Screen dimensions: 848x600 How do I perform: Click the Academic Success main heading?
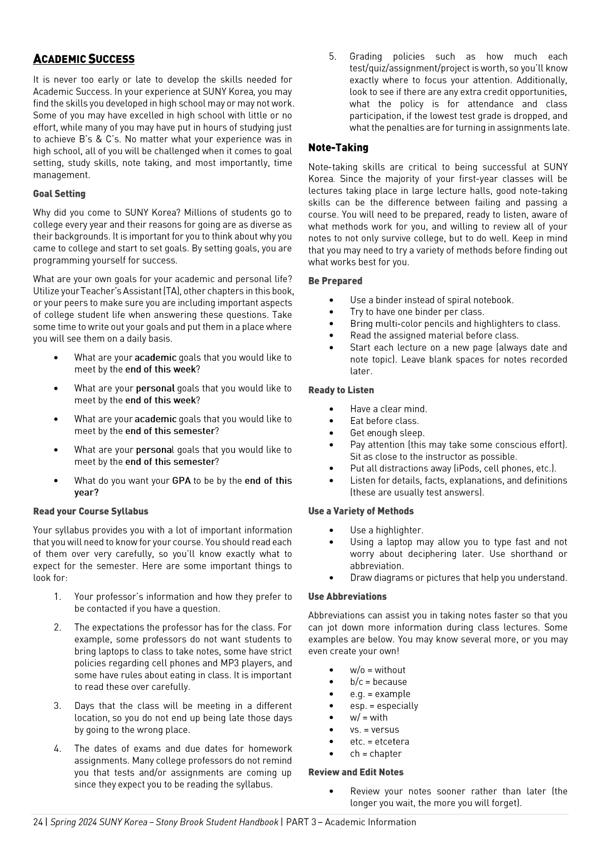[84, 59]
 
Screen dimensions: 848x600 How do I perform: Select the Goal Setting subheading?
[59, 194]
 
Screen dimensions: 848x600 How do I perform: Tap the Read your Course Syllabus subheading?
[90, 511]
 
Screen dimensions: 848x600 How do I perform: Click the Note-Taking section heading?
[338, 147]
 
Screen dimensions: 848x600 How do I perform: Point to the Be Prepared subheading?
[335, 281]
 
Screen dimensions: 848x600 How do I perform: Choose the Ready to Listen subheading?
[341, 390]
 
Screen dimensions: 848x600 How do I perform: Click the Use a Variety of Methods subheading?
[361, 511]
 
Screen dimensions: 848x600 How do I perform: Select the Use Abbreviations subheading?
[347, 597]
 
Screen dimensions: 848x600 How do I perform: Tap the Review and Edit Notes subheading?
[356, 772]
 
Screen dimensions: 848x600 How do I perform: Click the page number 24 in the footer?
[38, 822]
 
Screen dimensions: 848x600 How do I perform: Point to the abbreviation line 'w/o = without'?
[377, 670]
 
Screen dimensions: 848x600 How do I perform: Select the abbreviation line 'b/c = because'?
[378, 682]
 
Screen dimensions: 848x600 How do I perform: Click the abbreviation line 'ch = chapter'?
[376, 754]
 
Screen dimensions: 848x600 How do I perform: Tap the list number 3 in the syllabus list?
[57, 706]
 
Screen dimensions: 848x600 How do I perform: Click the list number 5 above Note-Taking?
[332, 56]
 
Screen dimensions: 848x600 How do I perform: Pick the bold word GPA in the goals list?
[181, 480]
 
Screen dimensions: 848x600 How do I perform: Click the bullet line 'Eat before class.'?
[384, 421]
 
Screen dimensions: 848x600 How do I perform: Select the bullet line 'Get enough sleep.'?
[387, 433]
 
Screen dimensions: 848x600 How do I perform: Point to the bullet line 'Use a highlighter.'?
[386, 530]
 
